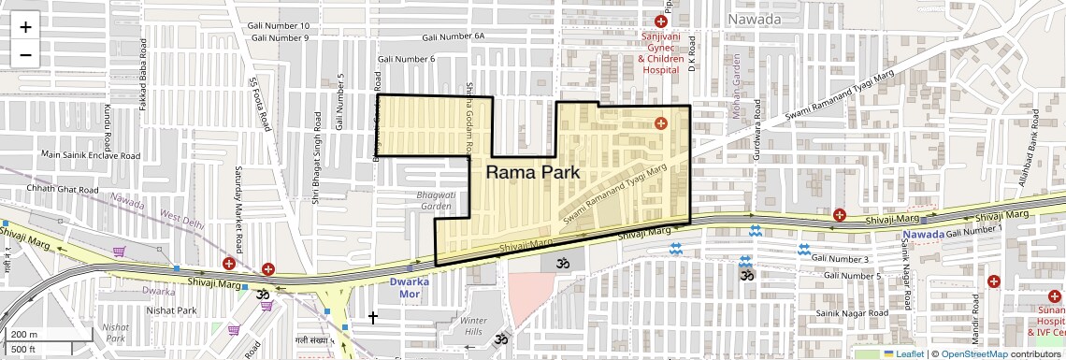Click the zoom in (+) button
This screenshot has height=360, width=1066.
tap(25, 27)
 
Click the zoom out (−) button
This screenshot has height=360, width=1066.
tap(25, 54)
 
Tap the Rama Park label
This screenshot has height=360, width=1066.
tap(533, 173)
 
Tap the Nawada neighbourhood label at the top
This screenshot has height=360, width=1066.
tap(755, 19)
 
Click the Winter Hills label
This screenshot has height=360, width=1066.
tap(474, 326)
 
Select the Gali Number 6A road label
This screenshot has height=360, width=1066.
tap(454, 36)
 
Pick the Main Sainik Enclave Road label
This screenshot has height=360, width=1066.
tap(90, 155)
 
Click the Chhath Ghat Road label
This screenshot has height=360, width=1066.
tap(63, 190)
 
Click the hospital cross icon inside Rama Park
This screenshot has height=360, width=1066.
tap(660, 122)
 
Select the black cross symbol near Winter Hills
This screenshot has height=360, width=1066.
tap(373, 318)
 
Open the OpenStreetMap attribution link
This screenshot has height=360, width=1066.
tap(973, 353)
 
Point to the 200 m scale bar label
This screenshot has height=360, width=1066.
tap(24, 334)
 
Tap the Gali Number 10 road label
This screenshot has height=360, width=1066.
tap(279, 25)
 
